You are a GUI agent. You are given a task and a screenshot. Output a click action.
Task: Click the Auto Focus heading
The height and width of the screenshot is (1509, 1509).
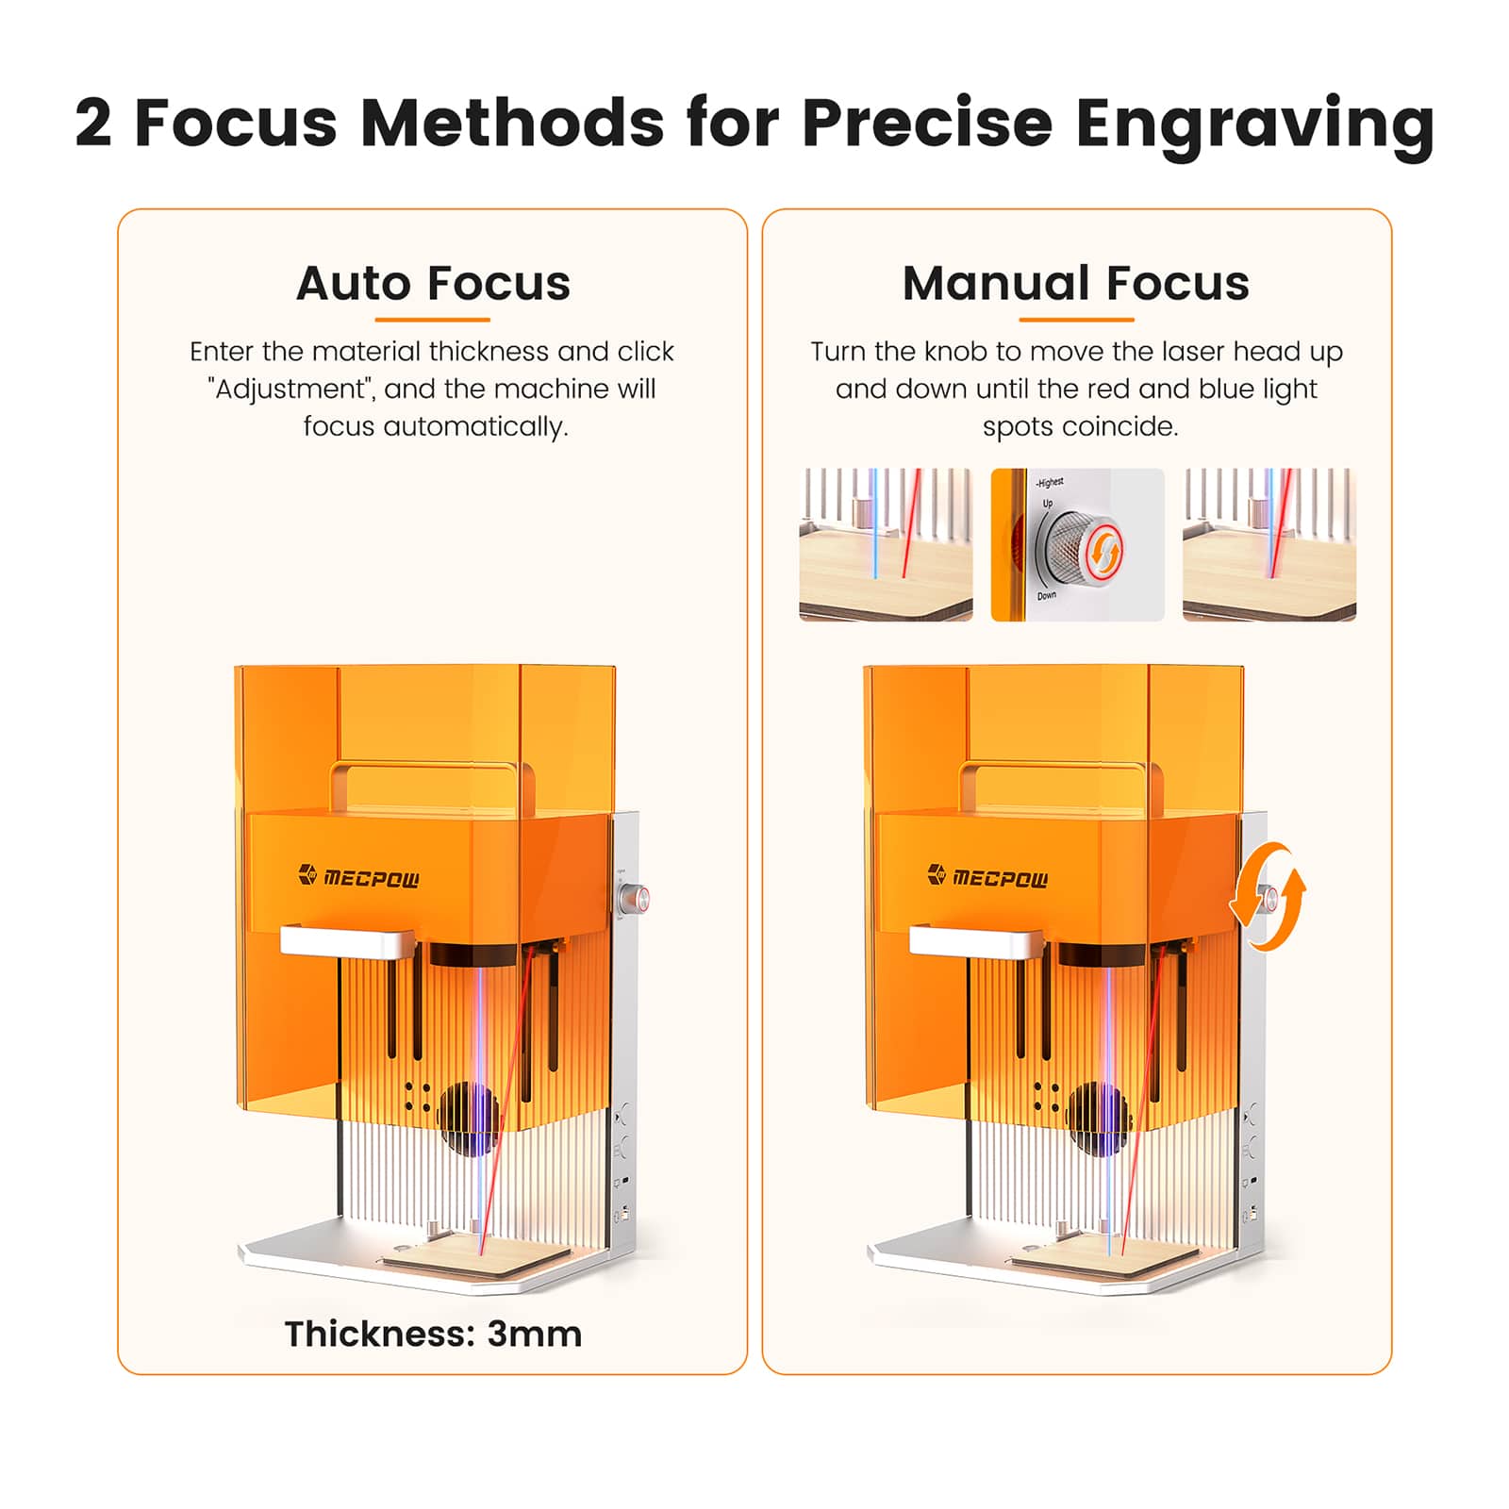pos(433,283)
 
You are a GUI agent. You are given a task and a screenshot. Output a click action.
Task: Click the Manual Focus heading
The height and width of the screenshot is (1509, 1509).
pos(1075,283)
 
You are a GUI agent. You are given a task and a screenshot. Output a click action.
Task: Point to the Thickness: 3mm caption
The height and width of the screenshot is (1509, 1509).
pos(433,1334)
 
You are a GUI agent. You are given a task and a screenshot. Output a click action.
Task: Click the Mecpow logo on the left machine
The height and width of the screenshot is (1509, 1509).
pos(358,877)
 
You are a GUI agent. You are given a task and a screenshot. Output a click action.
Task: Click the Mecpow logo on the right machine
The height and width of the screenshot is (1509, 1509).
pos(987,877)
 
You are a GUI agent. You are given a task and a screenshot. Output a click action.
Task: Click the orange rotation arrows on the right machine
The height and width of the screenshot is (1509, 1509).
pos(1268,896)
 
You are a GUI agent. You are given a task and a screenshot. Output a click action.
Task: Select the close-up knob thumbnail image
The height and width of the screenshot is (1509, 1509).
pos(1077,544)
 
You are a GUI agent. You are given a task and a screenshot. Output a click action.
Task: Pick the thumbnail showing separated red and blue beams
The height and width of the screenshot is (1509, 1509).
pos(886,544)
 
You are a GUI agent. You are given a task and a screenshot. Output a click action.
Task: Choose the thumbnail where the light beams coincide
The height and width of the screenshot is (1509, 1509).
pos(1269,544)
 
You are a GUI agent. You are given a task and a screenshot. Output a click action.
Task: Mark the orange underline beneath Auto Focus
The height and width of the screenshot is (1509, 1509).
pos(432,320)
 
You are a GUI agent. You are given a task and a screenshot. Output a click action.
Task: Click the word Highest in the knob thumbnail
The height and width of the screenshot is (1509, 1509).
pos(1051,483)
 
